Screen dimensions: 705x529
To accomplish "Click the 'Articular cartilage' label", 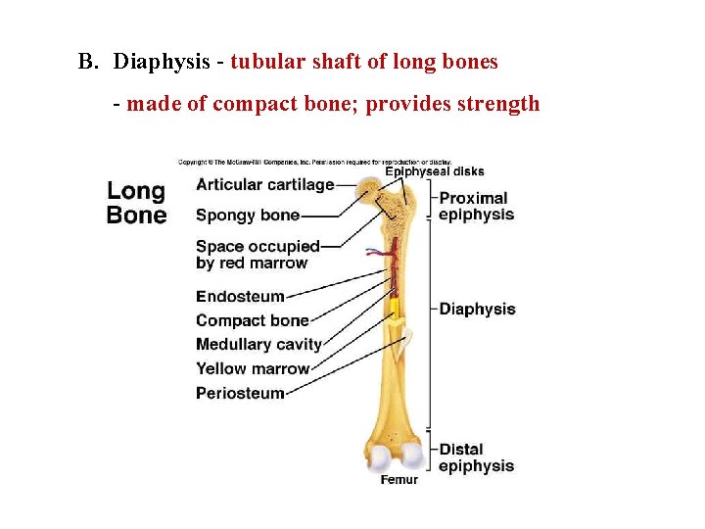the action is coord(264,184).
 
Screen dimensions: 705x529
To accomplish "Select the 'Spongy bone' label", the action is coord(247,216).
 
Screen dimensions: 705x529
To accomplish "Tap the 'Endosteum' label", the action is coord(240,297).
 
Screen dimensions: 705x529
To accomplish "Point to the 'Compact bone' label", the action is coord(252,320).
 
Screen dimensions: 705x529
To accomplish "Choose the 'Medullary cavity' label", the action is coord(258,344).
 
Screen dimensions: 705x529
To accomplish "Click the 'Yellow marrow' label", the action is coord(253,368).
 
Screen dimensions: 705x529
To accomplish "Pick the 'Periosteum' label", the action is coord(240,393).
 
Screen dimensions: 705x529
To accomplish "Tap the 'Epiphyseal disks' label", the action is coord(434,171).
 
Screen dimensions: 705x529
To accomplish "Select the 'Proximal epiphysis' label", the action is coord(476,206).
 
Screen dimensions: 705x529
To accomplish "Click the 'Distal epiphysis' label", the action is coord(476,457).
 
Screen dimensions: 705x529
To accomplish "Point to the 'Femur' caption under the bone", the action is coord(399,479).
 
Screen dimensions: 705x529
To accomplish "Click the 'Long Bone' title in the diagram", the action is coord(136,203).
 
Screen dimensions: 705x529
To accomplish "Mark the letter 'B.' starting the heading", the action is coord(89,62).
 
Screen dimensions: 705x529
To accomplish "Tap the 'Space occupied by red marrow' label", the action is coord(257,255).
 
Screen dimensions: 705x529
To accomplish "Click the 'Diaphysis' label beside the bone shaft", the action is coord(477,309).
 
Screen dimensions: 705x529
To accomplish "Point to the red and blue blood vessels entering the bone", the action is coord(379,254).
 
